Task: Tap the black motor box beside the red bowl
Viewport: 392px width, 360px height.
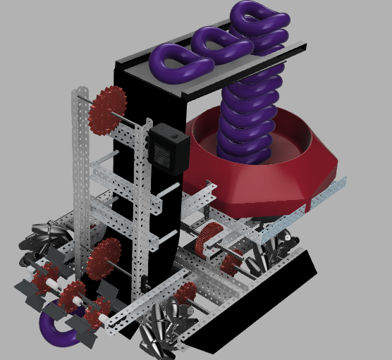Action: tap(169, 148)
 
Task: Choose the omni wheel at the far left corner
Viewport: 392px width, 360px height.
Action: tap(45, 240)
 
